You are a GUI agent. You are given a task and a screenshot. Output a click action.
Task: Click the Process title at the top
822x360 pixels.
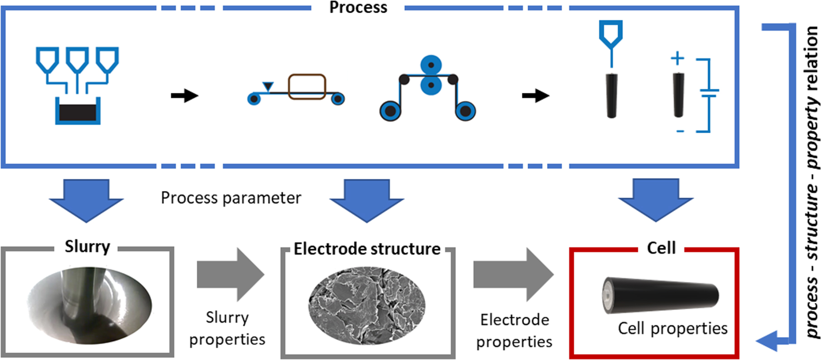[358, 8]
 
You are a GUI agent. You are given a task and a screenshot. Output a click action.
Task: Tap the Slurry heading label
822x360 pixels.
[87, 247]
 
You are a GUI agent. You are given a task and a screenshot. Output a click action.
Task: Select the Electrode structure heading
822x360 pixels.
[367, 249]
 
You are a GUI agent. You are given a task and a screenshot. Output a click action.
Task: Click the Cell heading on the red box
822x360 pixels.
[661, 248]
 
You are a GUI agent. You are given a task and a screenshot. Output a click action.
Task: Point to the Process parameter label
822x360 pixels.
[231, 198]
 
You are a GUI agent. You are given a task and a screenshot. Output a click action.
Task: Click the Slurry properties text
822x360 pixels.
[227, 328]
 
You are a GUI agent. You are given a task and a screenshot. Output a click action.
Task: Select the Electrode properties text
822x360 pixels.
[514, 331]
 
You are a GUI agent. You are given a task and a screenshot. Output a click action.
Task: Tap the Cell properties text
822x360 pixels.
[673, 328]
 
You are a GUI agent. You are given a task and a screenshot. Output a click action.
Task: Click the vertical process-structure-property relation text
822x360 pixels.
[812, 181]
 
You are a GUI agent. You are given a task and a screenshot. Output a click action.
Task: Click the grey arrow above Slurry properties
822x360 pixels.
[230, 275]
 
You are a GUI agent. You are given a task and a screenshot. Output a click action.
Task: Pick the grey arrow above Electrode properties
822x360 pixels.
[514, 275]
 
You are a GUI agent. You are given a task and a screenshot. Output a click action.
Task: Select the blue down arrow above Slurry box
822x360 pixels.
[86, 200]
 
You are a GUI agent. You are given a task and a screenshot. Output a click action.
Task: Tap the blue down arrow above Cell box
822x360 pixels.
[656, 200]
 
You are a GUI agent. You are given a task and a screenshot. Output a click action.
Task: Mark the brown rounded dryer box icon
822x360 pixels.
[307, 86]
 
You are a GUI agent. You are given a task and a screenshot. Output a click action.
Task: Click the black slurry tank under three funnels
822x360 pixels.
[78, 112]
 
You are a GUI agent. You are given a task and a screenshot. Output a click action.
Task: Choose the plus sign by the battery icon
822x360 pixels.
[677, 58]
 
